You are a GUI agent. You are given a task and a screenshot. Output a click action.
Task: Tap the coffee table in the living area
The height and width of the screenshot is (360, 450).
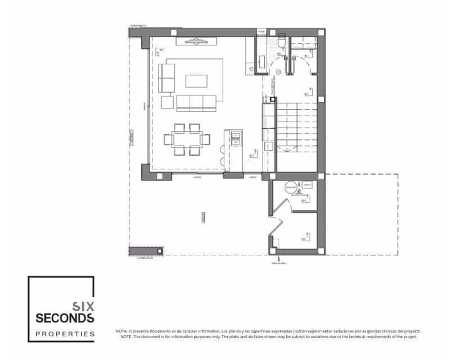click(x=196, y=80)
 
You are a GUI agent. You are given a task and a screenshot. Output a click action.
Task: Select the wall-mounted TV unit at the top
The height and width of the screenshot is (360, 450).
click(x=196, y=41)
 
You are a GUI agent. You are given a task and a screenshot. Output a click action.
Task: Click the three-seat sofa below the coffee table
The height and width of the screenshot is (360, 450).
click(x=196, y=102)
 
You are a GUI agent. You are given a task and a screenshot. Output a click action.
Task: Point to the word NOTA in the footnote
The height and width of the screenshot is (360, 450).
click(x=121, y=331)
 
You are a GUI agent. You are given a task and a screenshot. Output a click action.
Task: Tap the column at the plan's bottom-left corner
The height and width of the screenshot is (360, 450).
click(x=160, y=250)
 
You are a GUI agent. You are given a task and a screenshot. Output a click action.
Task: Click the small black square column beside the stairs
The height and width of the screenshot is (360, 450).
click(x=273, y=100)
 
